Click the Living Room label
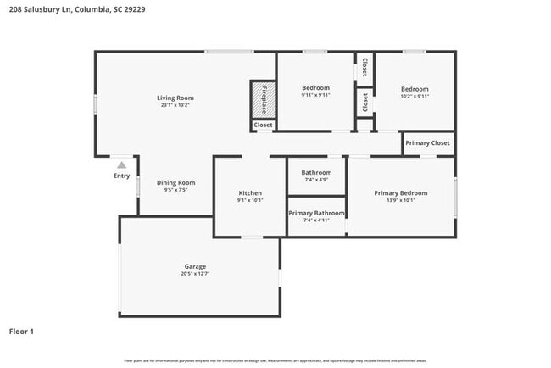coord(175,98)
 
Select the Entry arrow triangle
coord(122,165)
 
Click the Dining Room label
coord(175,182)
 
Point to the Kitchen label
coord(250,193)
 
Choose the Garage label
coord(196,266)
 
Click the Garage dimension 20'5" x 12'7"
coord(196,274)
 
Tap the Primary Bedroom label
coord(401,193)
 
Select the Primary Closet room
coord(428,143)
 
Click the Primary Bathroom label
coord(316,213)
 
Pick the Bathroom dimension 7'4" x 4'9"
coord(316,180)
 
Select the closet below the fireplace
coord(263,125)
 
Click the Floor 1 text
coord(21,332)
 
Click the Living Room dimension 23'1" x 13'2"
coord(175,105)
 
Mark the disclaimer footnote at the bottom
coord(275,360)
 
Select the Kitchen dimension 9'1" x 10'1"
coord(250,201)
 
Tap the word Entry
coord(122,176)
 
